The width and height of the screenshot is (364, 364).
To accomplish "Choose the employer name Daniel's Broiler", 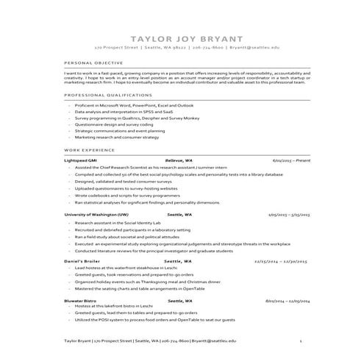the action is coord(82,261).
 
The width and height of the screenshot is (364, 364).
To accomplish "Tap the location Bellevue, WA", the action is coord(179,160).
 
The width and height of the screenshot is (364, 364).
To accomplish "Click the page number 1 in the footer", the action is coord(301,341).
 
